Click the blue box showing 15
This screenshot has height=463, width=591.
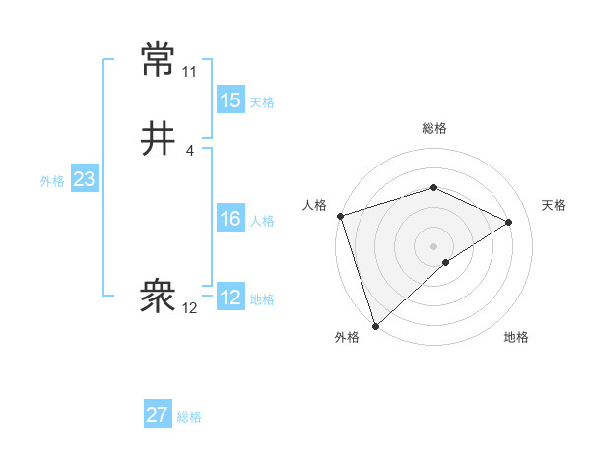(230, 100)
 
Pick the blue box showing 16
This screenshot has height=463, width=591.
(230, 219)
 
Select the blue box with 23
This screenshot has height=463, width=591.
(84, 179)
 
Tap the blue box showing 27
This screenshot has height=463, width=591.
(158, 415)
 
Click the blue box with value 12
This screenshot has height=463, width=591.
(230, 298)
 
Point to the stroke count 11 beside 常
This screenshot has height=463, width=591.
(189, 72)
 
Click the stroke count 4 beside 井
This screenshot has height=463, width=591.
(189, 151)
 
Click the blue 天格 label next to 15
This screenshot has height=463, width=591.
(262, 102)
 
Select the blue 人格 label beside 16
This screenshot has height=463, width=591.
(262, 221)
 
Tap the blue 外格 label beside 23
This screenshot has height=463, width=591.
(52, 181)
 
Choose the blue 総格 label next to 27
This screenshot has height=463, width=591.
(189, 417)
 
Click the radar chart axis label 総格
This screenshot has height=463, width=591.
(433, 128)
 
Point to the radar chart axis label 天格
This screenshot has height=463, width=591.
(554, 205)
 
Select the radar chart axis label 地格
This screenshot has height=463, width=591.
(516, 337)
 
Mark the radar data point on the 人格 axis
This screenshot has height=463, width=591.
(339, 216)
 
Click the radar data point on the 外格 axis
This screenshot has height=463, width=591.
(374, 325)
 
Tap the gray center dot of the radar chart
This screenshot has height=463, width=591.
(433, 245)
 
